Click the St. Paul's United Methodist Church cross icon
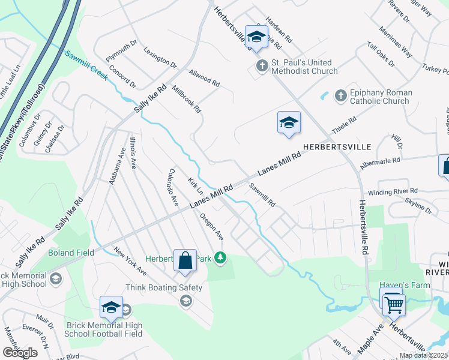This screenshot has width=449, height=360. tap(262, 65)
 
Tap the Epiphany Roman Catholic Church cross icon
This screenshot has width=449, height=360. tap(340, 95)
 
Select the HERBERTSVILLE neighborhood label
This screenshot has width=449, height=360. tap(337, 146)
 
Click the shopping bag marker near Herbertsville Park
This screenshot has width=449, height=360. tap(185, 260)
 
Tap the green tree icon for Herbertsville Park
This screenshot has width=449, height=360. tap(221, 258)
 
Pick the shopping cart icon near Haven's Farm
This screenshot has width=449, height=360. tap(394, 304)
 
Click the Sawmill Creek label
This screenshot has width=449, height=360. tap(86, 65)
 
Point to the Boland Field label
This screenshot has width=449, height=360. tap(71, 253)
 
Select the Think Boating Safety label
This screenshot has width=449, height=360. tap(164, 287)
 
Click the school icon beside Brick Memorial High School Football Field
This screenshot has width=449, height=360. tap(111, 308)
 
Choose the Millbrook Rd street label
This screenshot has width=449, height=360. tap(186, 101)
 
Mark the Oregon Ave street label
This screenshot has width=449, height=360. tap(211, 226)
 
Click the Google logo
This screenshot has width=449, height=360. tap(20, 353)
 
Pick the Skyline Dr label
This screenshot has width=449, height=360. tap(418, 206)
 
